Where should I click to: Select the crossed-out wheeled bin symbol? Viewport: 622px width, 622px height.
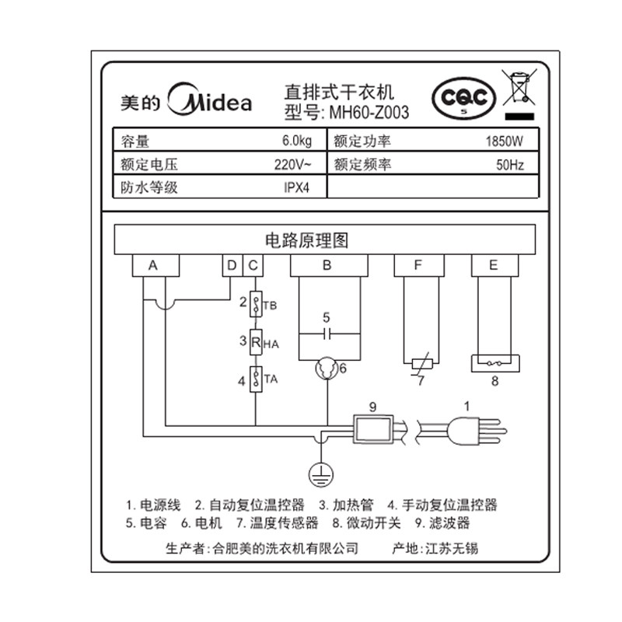click(x=519, y=88)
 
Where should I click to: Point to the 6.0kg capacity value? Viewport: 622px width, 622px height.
click(x=297, y=142)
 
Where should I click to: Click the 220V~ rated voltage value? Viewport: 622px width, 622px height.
click(x=295, y=165)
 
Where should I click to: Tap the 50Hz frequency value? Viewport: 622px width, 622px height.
click(x=510, y=165)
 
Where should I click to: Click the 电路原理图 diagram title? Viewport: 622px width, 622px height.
click(x=326, y=239)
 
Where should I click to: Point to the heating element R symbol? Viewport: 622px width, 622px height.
click(x=255, y=341)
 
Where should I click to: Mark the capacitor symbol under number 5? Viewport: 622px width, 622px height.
click(x=327, y=334)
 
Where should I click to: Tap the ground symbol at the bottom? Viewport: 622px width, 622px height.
click(x=316, y=471)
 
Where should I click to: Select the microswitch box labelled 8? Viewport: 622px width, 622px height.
click(x=494, y=363)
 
